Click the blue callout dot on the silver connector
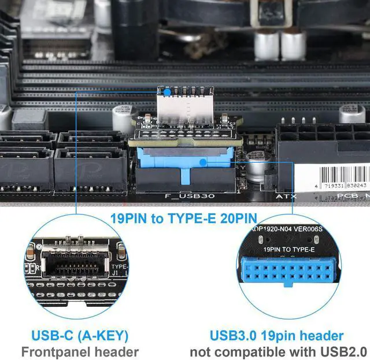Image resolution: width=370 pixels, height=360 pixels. click(x=166, y=92)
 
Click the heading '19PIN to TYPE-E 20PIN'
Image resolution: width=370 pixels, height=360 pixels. click(x=184, y=219)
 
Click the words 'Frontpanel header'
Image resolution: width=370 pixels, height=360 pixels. click(x=80, y=351)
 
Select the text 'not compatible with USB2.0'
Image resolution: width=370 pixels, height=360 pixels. click(x=278, y=351)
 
